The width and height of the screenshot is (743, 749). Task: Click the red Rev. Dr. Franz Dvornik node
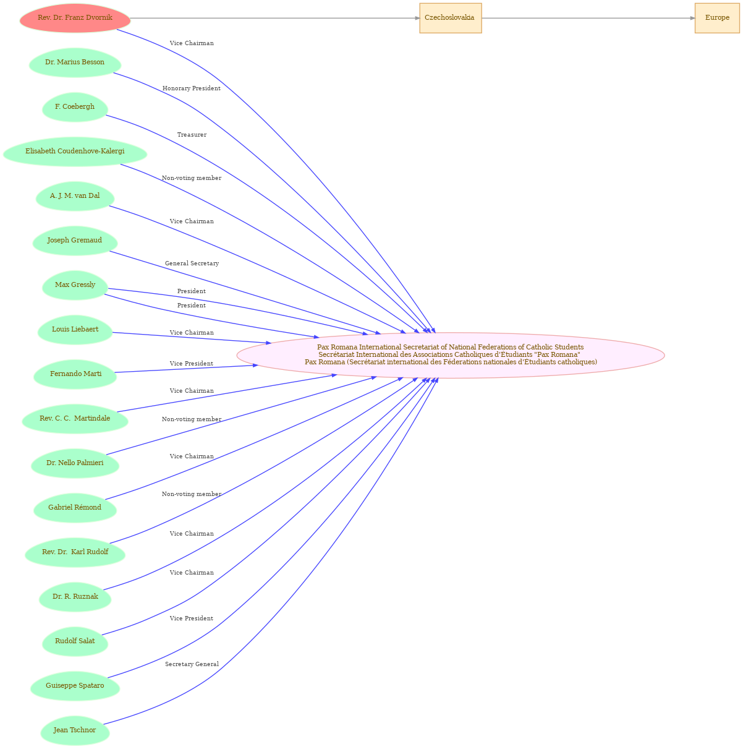pyautogui.click(x=75, y=19)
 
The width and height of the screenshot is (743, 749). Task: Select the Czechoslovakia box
pyautogui.click(x=451, y=19)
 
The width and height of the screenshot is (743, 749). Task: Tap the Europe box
pyautogui.click(x=717, y=19)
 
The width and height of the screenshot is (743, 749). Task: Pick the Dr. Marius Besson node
pyautogui.click(x=75, y=62)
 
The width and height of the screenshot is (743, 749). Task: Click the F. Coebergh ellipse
pyautogui.click(x=75, y=107)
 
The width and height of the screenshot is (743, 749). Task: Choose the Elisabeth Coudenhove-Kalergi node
pyautogui.click(x=75, y=152)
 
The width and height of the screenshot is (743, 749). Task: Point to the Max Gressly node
pyautogui.click(x=75, y=285)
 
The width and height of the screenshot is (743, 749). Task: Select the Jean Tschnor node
pyautogui.click(x=75, y=730)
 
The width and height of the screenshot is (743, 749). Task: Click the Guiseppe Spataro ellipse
pyautogui.click(x=75, y=686)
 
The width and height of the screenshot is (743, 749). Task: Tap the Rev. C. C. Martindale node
pyautogui.click(x=75, y=419)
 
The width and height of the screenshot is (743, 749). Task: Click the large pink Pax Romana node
pyautogui.click(x=451, y=355)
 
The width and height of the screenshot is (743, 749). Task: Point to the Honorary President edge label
pyautogui.click(x=192, y=88)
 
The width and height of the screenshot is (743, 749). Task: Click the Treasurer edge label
pyautogui.click(x=192, y=135)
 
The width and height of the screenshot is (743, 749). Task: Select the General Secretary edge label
pyautogui.click(x=192, y=263)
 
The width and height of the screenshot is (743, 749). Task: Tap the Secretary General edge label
pyautogui.click(x=192, y=664)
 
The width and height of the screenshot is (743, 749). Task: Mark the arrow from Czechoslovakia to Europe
pyautogui.click(x=588, y=19)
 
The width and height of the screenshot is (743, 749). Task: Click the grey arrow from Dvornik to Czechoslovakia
pyautogui.click(x=275, y=19)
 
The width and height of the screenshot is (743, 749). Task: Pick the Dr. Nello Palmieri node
pyautogui.click(x=75, y=463)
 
